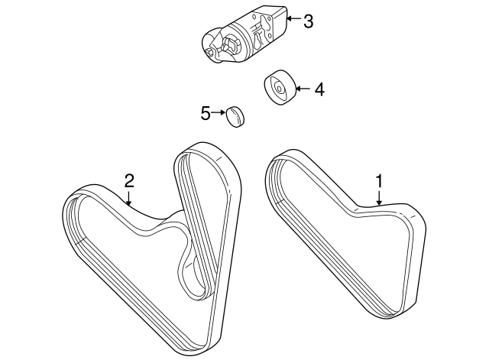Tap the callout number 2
point(129,180)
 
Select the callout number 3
point(308,21)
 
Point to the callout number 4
point(319,89)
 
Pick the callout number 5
point(205,114)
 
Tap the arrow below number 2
point(129,198)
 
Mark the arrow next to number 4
point(301,89)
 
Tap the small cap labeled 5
point(237,117)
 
